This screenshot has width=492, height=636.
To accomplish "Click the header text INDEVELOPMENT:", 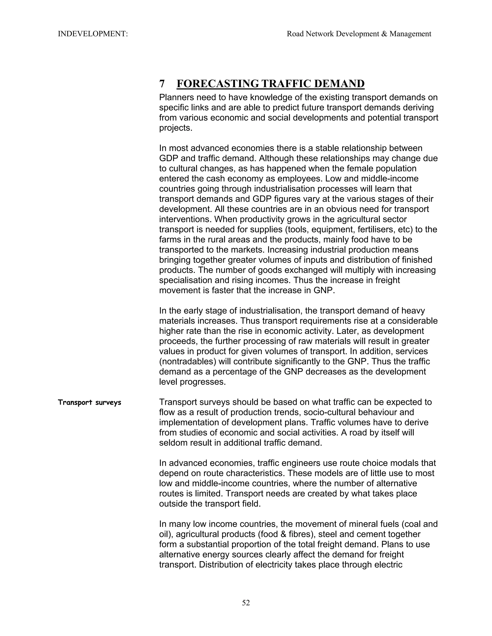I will tap(93, 34).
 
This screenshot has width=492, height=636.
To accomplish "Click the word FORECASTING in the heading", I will tap(217, 84).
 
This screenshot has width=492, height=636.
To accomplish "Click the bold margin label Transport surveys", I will tap(89, 402).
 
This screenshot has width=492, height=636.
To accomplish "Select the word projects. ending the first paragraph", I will tap(176, 128).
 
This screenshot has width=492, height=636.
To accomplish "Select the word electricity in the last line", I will tap(274, 565).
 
